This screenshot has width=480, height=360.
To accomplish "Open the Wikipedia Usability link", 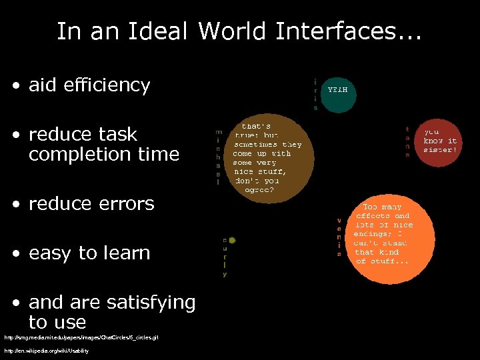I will pos(47,351).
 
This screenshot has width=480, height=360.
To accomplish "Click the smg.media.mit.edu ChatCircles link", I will pos(81,338).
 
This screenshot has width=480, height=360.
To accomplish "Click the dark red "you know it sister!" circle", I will pos(440,141).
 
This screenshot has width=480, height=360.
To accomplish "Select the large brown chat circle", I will pos(267,157).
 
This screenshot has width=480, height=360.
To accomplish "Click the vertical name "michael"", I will pos(219,157).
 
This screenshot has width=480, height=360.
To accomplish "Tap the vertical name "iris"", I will pos(315,94).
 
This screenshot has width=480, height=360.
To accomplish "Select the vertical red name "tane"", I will pos(407,141).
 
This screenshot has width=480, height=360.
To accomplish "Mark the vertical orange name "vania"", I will pos(339,237).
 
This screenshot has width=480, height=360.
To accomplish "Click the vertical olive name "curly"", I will pos(225,257).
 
